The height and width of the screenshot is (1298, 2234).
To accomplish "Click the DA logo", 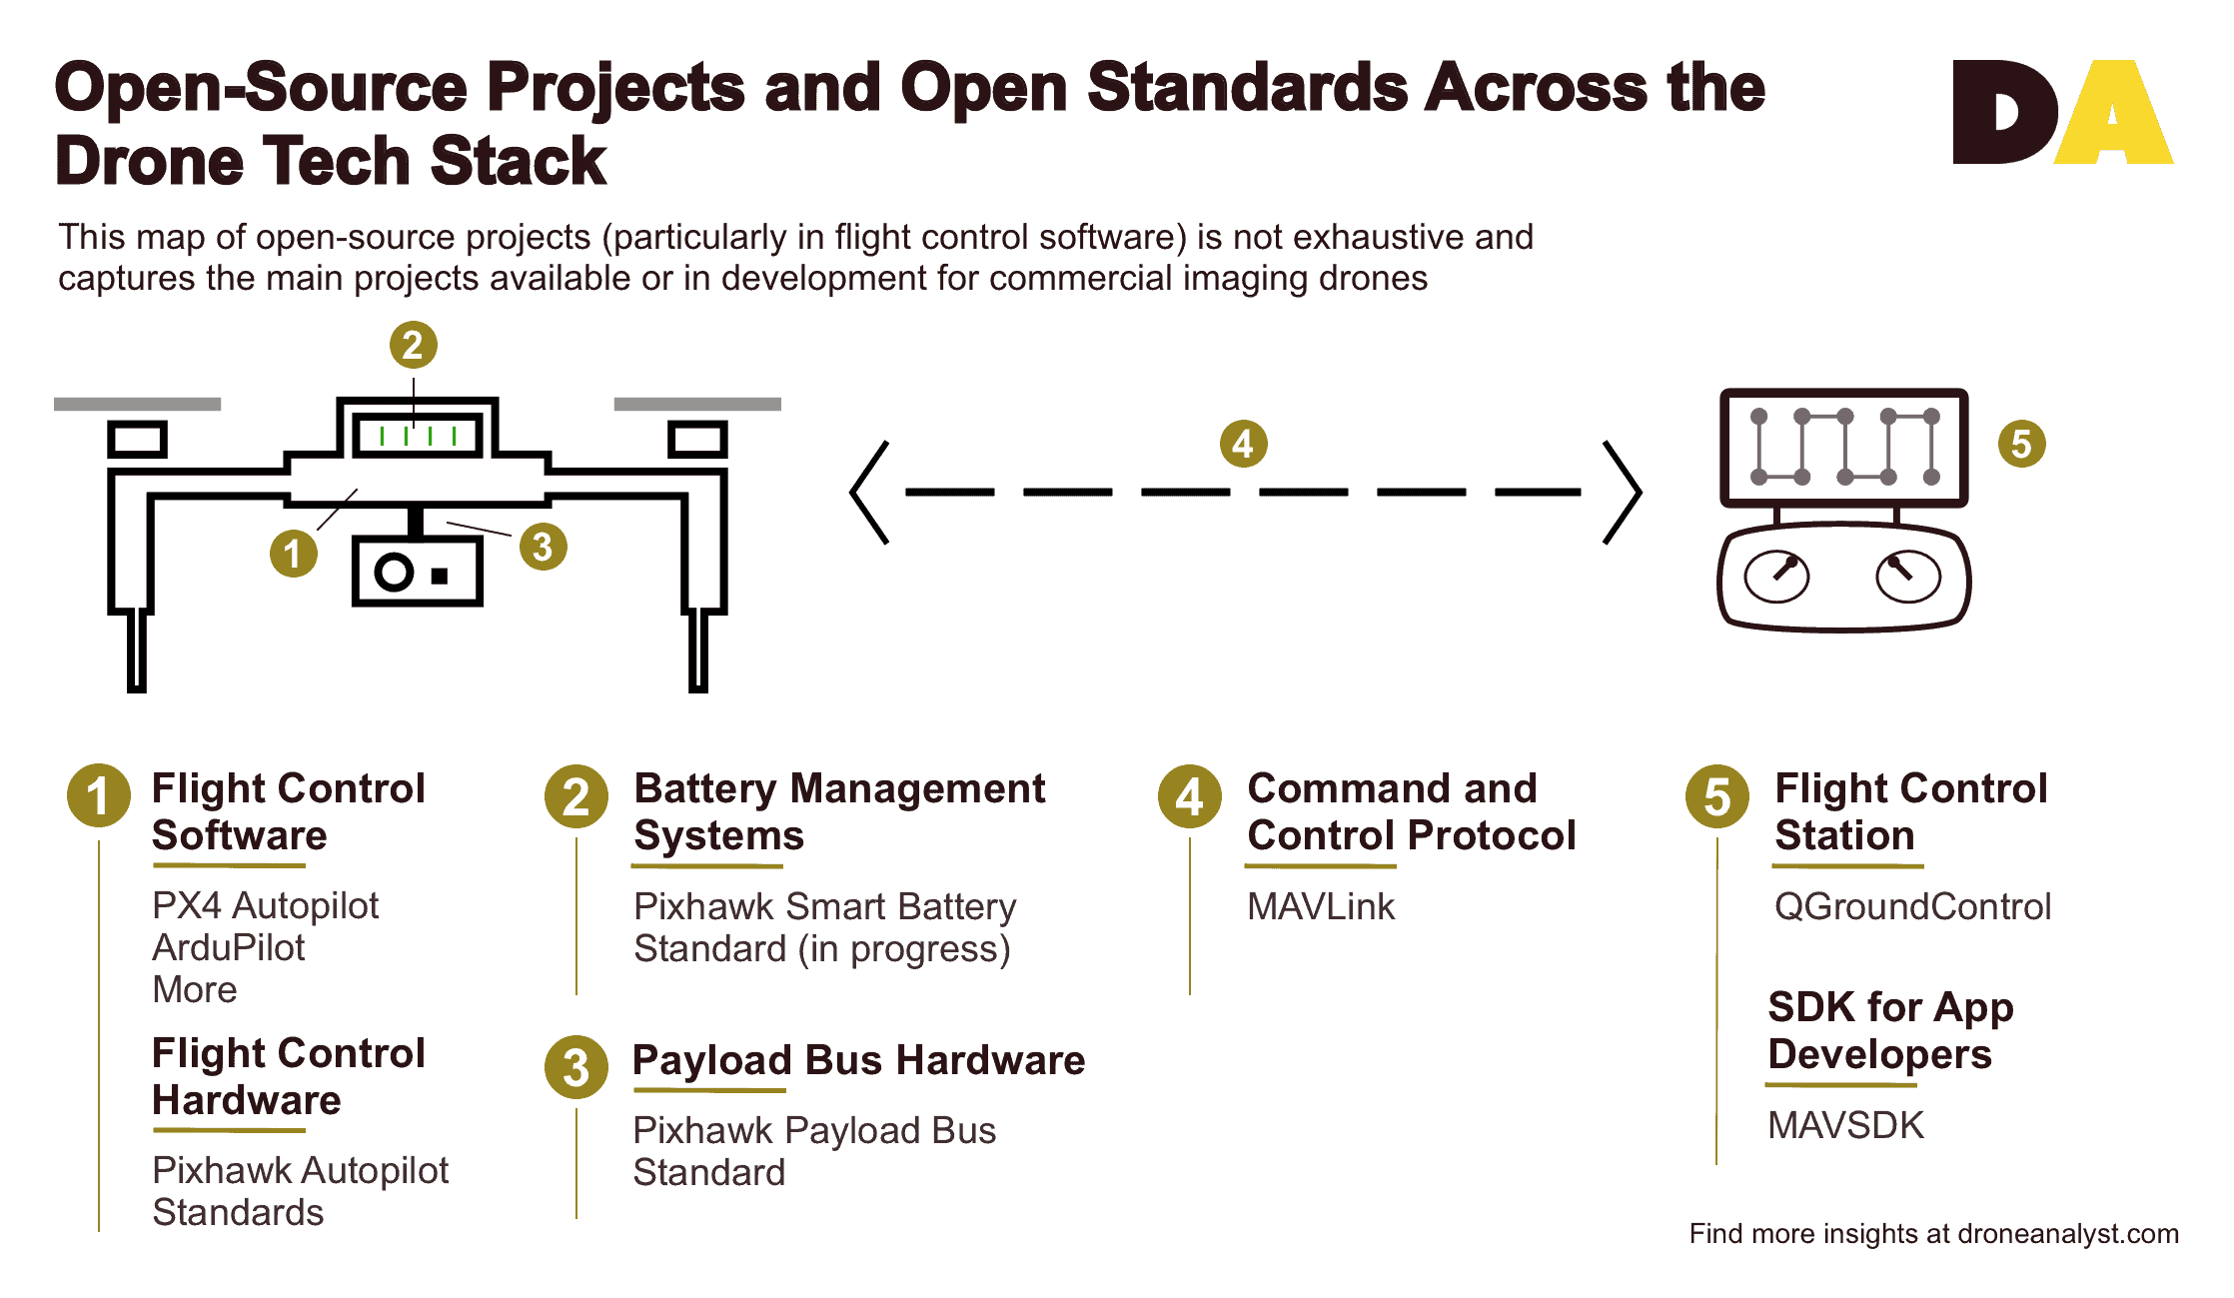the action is tap(2063, 111).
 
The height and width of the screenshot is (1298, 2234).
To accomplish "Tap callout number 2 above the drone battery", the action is tap(413, 345).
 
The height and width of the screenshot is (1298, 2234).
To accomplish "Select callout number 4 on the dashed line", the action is tap(1243, 444).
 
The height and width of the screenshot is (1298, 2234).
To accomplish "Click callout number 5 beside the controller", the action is tap(2021, 444).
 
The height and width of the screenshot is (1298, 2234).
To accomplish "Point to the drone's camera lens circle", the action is tap(394, 573).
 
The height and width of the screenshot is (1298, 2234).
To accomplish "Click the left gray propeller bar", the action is tap(137, 404).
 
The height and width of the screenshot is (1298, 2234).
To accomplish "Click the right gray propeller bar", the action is tap(697, 404).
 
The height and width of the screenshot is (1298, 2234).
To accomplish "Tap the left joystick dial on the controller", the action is tap(1775, 577).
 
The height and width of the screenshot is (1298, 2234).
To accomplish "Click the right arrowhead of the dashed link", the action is tap(1624, 492).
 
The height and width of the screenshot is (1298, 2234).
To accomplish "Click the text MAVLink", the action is tap(1321, 906).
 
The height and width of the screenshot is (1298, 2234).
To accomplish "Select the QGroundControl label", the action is tap(1912, 906).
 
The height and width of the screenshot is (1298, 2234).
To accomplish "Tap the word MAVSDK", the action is tap(1845, 1125).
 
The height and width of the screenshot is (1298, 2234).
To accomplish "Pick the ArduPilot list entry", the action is tap(229, 947).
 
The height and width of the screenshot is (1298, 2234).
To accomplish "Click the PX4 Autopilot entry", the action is tap(266, 905).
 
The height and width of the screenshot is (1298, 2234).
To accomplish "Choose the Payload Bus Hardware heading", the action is tap(859, 1060).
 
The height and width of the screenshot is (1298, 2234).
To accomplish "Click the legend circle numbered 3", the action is tap(576, 1067).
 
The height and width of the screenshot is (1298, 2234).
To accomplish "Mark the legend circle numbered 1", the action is tap(98, 796).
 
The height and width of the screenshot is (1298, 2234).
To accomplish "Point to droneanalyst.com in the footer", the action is tap(2068, 1234).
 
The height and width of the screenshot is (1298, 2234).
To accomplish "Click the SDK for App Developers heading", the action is tap(1890, 1030).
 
